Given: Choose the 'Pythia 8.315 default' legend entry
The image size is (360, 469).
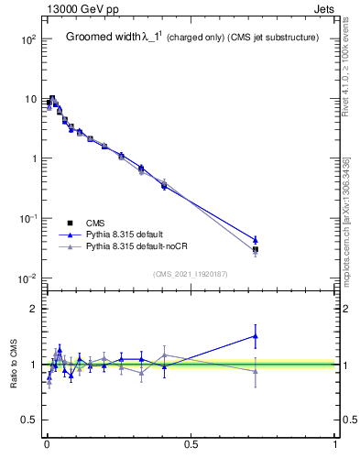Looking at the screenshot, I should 128,234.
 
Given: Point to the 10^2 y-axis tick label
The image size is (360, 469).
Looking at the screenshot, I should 27,39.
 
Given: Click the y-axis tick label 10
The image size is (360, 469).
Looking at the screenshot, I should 29,99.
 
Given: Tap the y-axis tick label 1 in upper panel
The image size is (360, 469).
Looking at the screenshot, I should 33,158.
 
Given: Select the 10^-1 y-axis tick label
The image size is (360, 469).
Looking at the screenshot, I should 27,218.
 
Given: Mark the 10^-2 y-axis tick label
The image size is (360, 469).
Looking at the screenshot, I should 27,278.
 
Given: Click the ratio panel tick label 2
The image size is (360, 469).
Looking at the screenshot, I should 33,309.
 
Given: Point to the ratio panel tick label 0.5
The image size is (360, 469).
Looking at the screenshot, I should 29,420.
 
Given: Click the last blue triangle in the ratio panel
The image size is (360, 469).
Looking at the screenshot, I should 256,336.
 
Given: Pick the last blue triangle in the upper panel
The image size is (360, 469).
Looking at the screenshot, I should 256,240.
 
